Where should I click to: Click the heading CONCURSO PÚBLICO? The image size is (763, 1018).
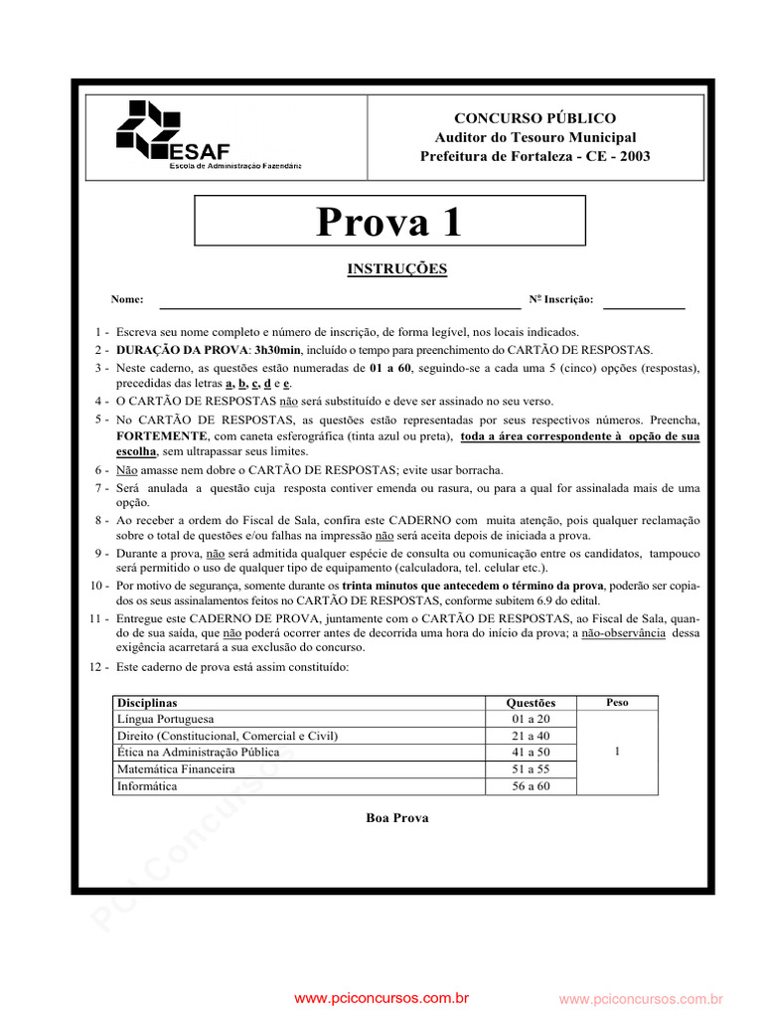click(534, 118)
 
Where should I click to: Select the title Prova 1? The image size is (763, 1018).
click(389, 222)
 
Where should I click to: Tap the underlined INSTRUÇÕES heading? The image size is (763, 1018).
click(396, 268)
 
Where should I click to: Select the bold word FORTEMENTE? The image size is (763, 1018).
click(161, 436)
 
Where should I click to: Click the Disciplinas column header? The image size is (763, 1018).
click(147, 703)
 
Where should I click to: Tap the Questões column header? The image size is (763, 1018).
click(531, 703)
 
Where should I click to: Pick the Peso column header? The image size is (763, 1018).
click(617, 702)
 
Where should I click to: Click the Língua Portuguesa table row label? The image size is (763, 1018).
click(165, 719)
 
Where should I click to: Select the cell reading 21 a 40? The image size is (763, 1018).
click(531, 736)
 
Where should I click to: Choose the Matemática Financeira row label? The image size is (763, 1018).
click(176, 769)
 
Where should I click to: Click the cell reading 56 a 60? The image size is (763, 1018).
click(531, 786)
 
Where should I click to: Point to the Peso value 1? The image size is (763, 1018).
click(617, 753)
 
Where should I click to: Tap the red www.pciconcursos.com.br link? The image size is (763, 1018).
click(381, 998)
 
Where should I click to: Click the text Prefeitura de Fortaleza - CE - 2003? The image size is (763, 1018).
click(534, 156)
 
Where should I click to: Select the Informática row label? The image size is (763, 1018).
click(147, 786)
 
